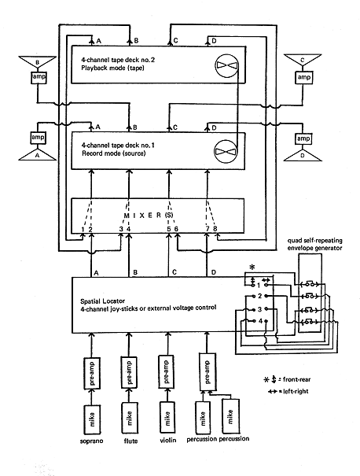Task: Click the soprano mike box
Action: click(x=92, y=419)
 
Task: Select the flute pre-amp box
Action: click(x=129, y=372)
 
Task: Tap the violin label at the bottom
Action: click(x=167, y=440)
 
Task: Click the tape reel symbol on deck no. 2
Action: click(x=227, y=65)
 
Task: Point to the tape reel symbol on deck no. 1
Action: click(x=226, y=151)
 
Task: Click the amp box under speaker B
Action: click(x=39, y=77)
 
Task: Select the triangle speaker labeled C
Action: click(x=302, y=62)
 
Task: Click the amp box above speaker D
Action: click(x=303, y=138)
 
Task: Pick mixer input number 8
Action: click(x=215, y=229)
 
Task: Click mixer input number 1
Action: click(x=83, y=229)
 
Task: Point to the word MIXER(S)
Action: click(x=149, y=215)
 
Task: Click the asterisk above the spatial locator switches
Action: click(x=252, y=268)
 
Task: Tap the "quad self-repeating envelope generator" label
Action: click(x=315, y=244)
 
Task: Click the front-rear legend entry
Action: click(x=287, y=379)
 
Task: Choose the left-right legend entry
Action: click(x=288, y=391)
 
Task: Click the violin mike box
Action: click(x=167, y=418)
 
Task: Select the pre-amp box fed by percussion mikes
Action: click(x=208, y=371)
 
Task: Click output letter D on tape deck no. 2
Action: click(x=214, y=41)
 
